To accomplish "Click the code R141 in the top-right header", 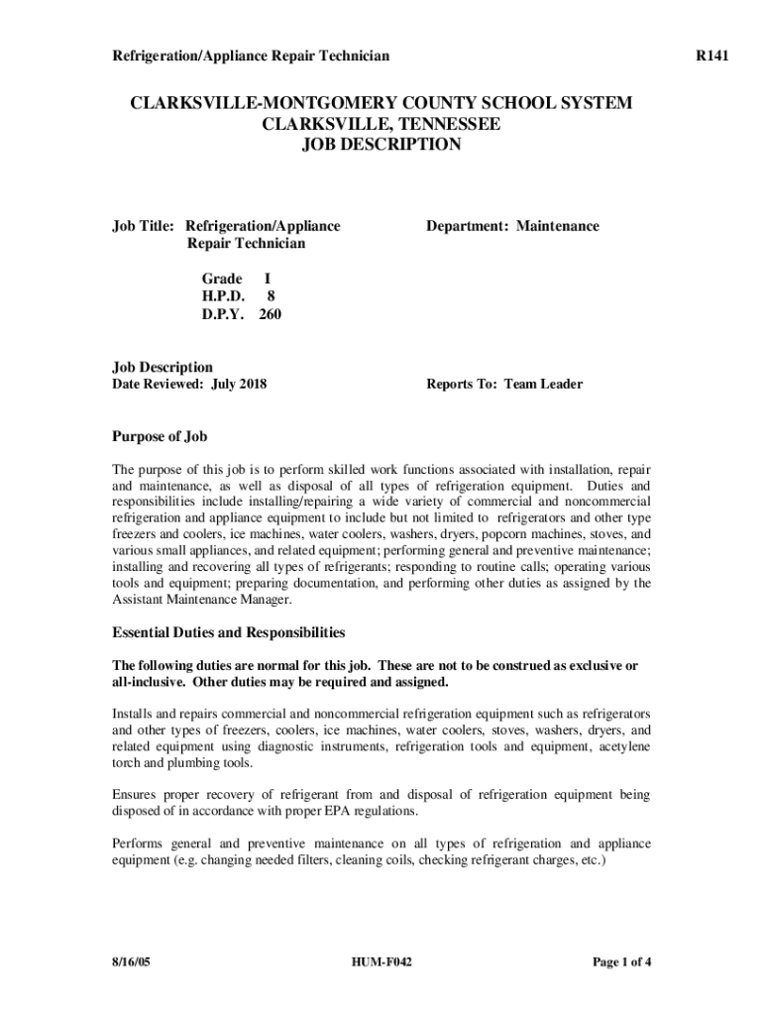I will click(x=711, y=56).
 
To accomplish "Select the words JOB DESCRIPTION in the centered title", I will click(x=381, y=145).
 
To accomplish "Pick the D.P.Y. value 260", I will click(x=271, y=314).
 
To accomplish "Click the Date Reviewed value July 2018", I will click(x=239, y=384).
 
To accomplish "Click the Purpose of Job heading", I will click(x=160, y=436).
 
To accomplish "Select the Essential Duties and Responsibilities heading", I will click(x=228, y=631).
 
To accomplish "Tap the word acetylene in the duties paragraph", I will click(x=620, y=746).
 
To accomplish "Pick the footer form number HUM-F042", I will click(x=381, y=962).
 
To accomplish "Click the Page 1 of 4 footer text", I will click(x=621, y=962).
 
